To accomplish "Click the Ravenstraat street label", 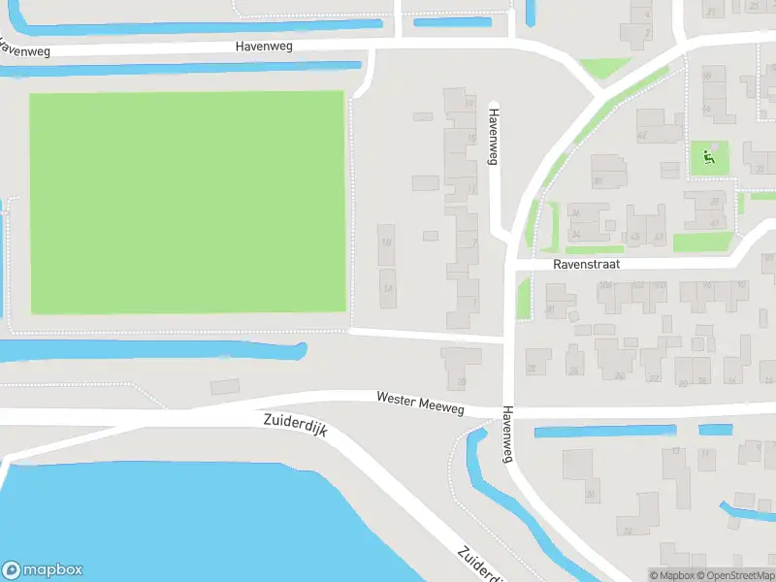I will (x=586, y=264).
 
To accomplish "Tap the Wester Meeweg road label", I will (x=420, y=403).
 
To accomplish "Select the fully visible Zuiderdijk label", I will (x=295, y=427).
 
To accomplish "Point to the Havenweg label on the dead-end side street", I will (x=493, y=135).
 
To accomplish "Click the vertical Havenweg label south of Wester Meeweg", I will (x=506, y=435).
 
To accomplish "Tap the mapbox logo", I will (x=43, y=570).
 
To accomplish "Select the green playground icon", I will (x=708, y=156).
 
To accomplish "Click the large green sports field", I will (x=187, y=202).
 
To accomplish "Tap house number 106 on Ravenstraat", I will (x=607, y=286).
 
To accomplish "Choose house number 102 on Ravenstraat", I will (x=637, y=286).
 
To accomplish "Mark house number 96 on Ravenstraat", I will (x=707, y=286).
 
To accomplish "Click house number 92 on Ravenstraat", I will (x=742, y=286).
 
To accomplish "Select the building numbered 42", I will (x=642, y=135).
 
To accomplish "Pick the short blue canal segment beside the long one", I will (x=716, y=430).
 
